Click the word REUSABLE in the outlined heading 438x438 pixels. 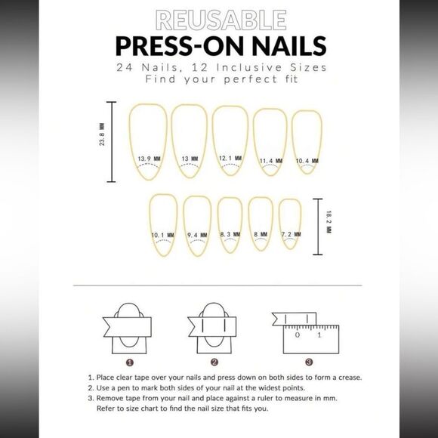point(221,20)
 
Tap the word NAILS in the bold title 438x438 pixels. point(288,46)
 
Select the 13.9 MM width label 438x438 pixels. point(150,159)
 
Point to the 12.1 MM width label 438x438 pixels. point(230,158)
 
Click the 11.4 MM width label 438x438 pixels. point(271,161)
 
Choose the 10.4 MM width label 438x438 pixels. point(307,161)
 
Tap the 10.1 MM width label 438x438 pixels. point(162,235)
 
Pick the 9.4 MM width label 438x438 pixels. point(197,235)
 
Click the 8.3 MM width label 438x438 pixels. point(230,234)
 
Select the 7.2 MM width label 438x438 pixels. point(291,234)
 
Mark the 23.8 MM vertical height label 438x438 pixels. point(102,134)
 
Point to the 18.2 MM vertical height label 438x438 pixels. point(328,222)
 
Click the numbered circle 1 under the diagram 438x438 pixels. point(130,362)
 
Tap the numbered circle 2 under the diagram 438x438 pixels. point(214,362)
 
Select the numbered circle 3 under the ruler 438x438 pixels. point(309,362)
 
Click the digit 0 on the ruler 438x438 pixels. point(298,335)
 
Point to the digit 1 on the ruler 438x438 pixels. point(319,335)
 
